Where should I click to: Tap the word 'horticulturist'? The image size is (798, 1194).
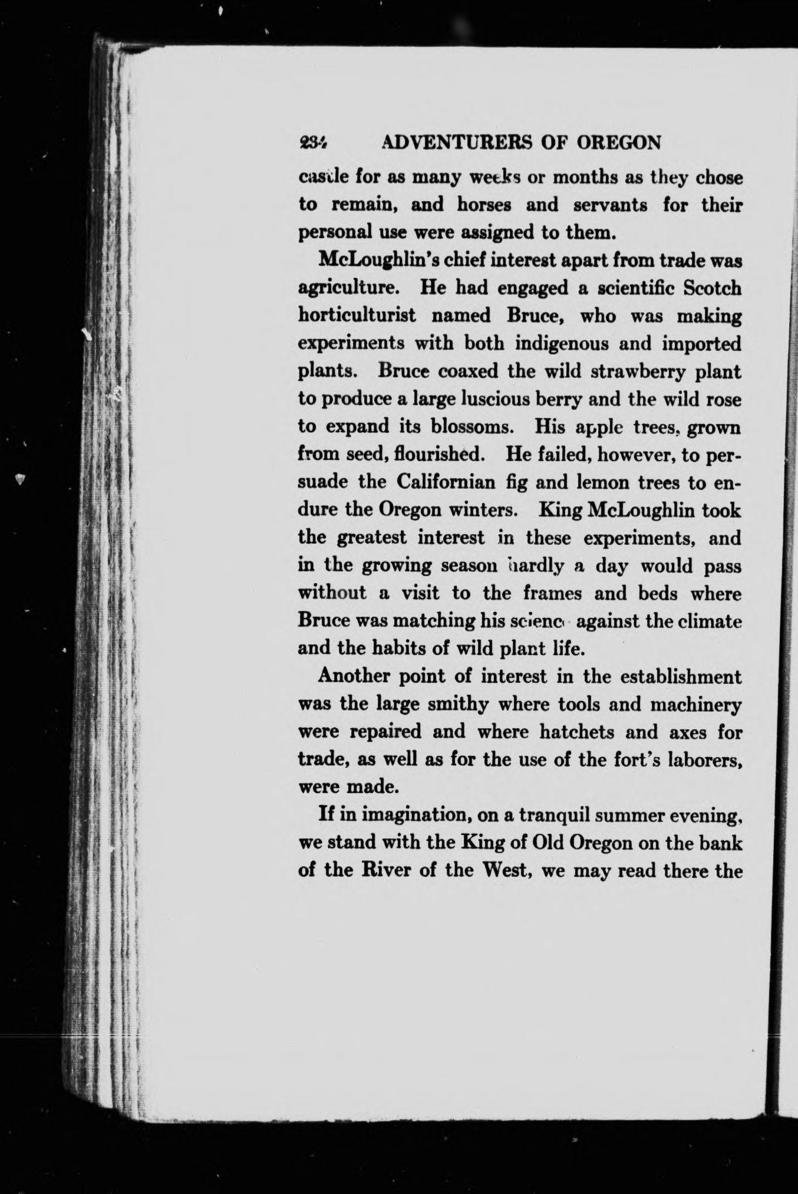(358, 316)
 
